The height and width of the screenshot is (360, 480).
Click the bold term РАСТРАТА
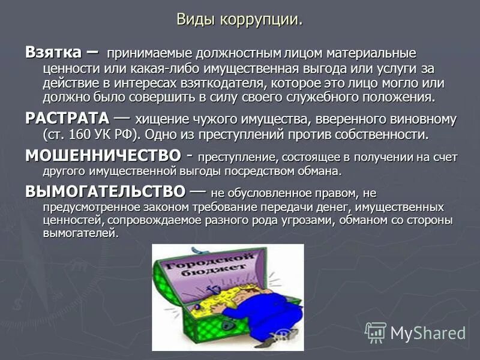pyautogui.click(x=67, y=118)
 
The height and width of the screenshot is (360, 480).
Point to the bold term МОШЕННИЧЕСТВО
pyautogui.click(x=102, y=156)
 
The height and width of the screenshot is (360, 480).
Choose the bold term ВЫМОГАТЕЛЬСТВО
pyautogui.click(x=105, y=192)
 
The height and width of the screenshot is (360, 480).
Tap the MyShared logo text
pyautogui.click(x=427, y=332)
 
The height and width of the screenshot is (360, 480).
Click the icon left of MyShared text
pyautogui.click(x=376, y=332)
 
